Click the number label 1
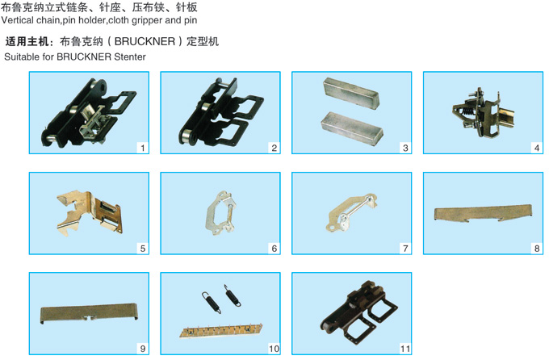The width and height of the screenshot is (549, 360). click(143, 148)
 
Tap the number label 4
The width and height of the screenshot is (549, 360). click(537, 148)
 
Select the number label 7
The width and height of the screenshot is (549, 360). click(405, 249)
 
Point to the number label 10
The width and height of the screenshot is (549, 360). click(274, 349)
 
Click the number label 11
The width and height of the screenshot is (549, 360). click(405, 349)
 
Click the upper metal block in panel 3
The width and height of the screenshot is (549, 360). click(351, 93)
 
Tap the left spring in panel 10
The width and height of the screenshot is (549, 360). click(212, 302)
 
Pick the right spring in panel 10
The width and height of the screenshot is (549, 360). click(233, 296)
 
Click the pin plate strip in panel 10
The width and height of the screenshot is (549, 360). click(221, 331)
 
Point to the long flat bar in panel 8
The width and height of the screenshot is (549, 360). click(483, 213)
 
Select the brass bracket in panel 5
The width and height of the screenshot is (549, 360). click(90, 212)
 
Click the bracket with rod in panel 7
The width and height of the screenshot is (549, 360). click(351, 212)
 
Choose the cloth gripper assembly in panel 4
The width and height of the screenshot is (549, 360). click(484, 112)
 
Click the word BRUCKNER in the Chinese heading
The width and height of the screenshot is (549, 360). click(145, 41)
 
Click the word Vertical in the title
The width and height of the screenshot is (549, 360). click(18, 20)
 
